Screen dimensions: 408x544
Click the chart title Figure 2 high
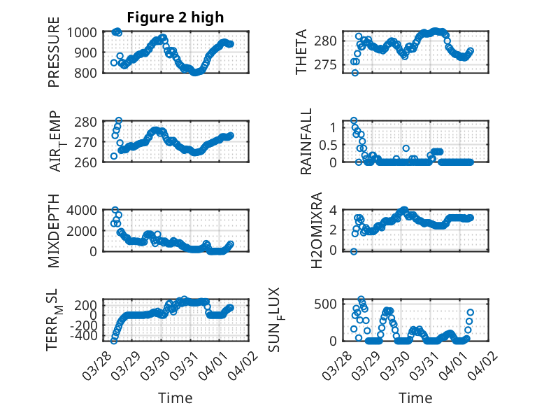coord(175,17)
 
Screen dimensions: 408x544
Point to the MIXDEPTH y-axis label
coord(54,232)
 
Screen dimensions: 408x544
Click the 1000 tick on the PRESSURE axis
coord(86,32)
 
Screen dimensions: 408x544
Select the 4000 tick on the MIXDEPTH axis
coord(86,210)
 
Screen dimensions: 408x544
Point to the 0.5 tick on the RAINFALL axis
coord(329,144)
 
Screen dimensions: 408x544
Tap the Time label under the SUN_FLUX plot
coord(415,398)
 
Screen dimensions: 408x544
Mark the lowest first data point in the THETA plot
coord(355,73)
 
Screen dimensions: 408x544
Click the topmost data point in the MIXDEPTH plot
coord(115,210)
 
